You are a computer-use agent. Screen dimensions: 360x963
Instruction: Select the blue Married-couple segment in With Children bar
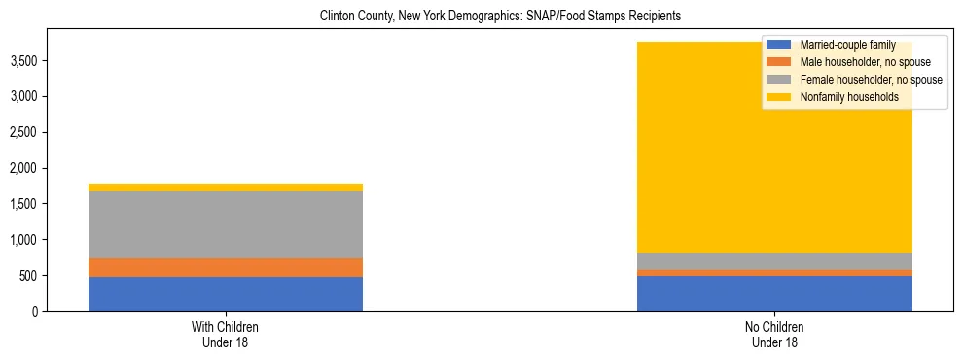[226, 294]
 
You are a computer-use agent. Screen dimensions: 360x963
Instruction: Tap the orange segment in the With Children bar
[226, 268]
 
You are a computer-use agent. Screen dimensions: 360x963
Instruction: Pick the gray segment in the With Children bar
[226, 224]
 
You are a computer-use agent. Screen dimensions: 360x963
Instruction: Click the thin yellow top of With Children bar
[226, 187]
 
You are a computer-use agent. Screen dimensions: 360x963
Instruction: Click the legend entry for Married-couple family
[845, 45]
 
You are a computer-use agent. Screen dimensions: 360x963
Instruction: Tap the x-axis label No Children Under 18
[774, 335]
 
